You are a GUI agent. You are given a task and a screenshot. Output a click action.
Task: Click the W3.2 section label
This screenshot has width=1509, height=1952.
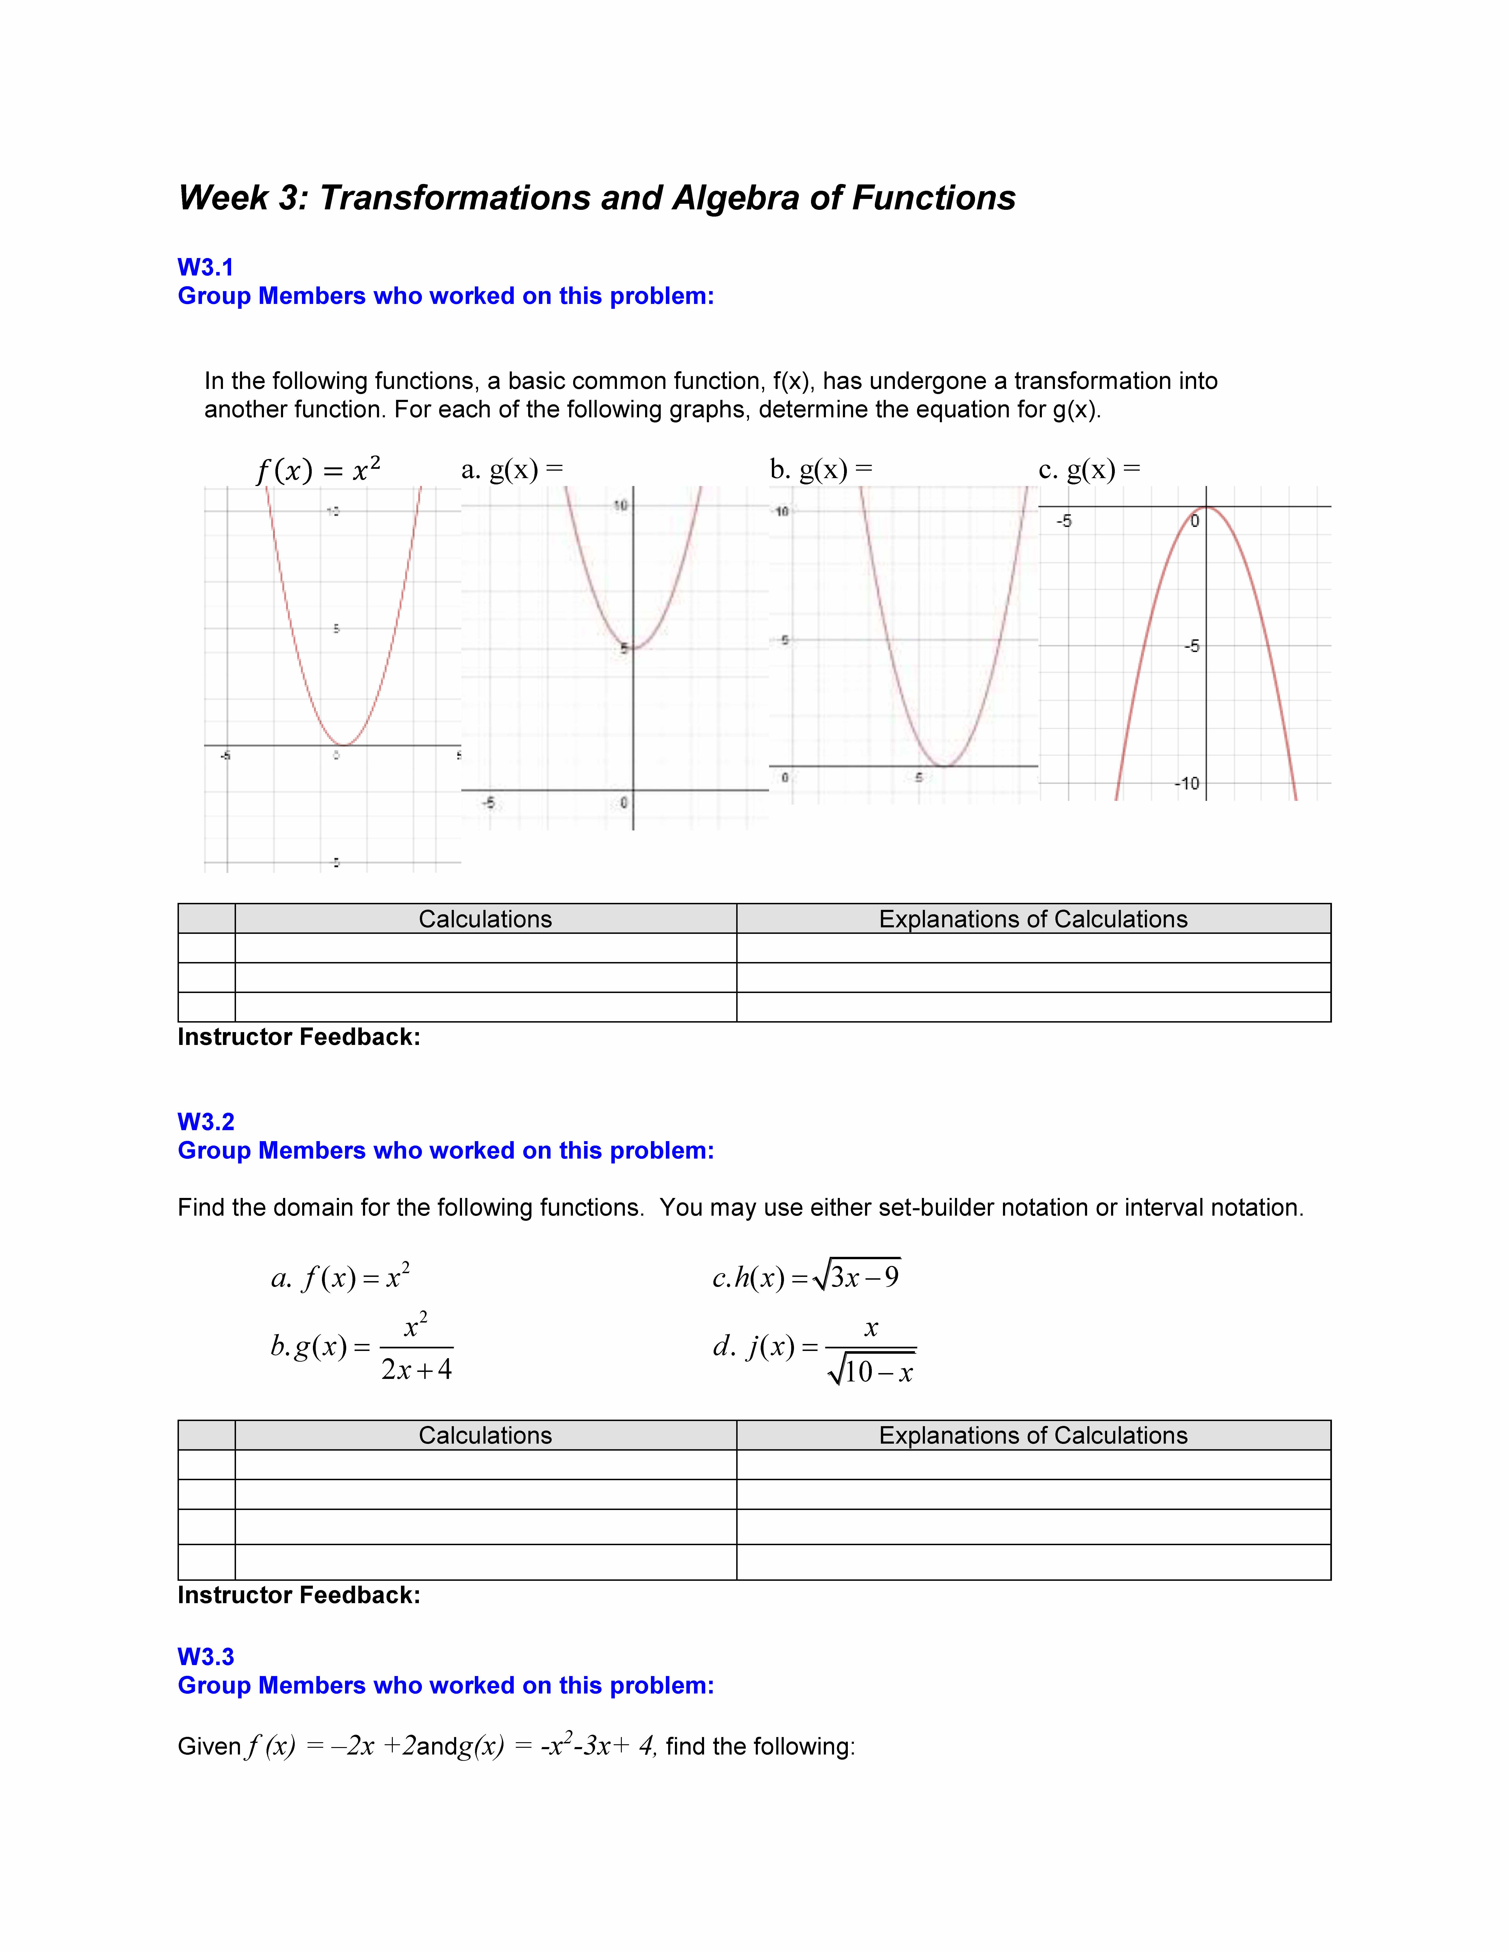pyautogui.click(x=206, y=1122)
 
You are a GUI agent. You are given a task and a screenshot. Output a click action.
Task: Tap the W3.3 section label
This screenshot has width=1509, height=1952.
pyautogui.click(x=206, y=1656)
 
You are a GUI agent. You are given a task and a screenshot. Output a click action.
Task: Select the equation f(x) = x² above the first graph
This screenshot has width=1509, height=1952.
pyautogui.click(x=318, y=469)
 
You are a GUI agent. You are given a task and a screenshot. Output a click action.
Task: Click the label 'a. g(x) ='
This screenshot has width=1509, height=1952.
pyautogui.click(x=512, y=469)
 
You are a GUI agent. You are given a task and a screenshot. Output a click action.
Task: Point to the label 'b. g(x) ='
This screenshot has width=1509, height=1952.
pyautogui.click(x=821, y=469)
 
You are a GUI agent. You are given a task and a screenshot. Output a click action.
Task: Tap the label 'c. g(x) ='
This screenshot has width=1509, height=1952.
pyautogui.click(x=1089, y=469)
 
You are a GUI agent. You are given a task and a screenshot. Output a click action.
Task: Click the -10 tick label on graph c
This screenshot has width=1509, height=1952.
pyautogui.click(x=1187, y=784)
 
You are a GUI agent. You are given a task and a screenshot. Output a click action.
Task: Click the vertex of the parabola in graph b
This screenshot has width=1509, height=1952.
pyautogui.click(x=944, y=766)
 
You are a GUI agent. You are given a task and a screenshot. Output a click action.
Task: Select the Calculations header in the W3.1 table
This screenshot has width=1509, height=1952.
pyautogui.click(x=486, y=919)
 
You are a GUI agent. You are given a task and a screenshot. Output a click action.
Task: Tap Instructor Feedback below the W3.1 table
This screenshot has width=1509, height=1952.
pyautogui.click(x=299, y=1037)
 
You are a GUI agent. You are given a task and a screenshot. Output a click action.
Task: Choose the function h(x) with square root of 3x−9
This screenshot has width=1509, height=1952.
pyautogui.click(x=806, y=1276)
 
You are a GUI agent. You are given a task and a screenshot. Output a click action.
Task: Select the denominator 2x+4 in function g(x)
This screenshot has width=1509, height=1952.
pyautogui.click(x=417, y=1369)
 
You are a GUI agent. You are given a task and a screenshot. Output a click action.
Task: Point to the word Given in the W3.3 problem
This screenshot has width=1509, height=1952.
pyautogui.click(x=209, y=1746)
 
